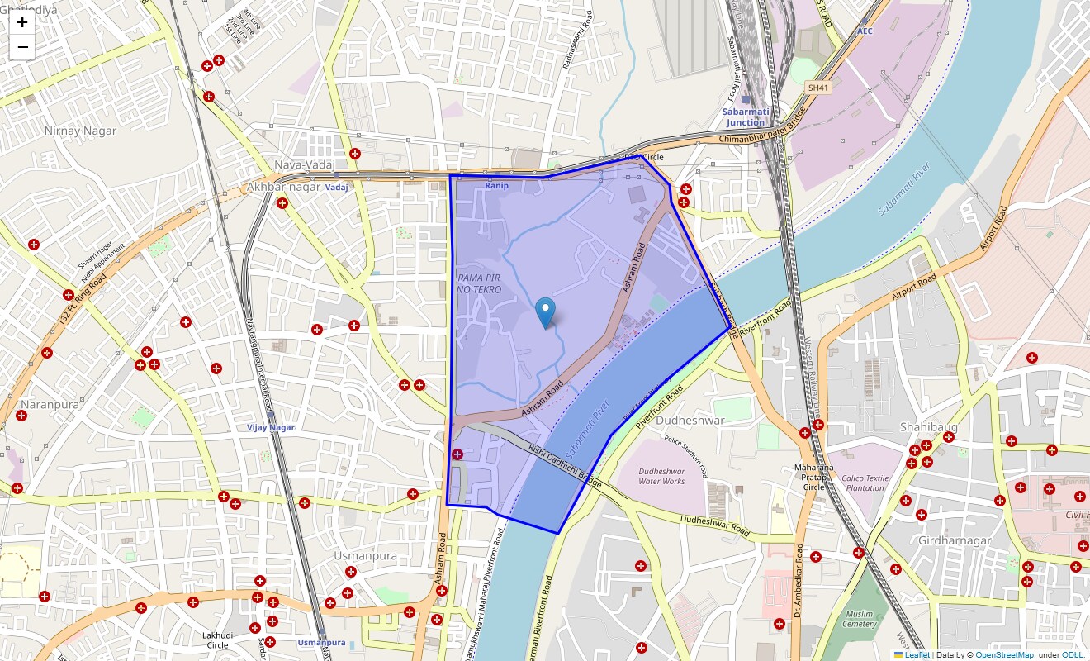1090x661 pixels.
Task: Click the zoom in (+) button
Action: (22, 23)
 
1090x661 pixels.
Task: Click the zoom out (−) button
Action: (22, 48)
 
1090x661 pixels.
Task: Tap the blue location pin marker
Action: (545, 312)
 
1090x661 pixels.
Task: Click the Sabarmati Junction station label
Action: (745, 117)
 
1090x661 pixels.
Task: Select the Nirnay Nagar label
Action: (80, 131)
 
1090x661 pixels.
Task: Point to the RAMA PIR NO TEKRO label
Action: (479, 283)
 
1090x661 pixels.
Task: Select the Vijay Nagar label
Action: (271, 427)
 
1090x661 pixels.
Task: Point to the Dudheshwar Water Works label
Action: (661, 476)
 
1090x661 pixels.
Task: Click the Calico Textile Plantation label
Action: (865, 483)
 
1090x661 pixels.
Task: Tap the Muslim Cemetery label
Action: (860, 619)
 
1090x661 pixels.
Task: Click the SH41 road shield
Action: (819, 87)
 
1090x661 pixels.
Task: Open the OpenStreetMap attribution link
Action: (1004, 655)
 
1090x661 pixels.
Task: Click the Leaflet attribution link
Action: (917, 655)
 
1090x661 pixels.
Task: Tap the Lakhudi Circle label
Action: (217, 640)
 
